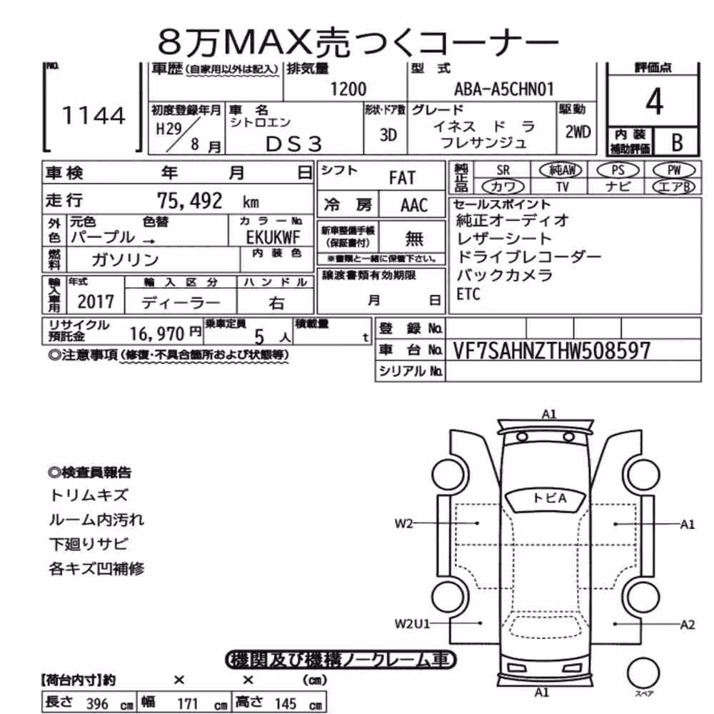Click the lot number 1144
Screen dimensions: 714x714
(94, 115)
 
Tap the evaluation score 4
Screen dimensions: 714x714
(654, 101)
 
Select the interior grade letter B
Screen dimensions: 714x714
(677, 143)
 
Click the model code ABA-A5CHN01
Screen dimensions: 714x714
(504, 89)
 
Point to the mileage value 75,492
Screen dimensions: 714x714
(189, 201)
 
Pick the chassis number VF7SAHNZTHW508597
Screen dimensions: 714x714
(551, 351)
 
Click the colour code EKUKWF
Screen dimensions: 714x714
(273, 237)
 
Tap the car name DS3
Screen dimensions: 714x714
(293, 144)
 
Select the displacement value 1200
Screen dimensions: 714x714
(348, 89)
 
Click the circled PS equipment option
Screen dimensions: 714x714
(618, 171)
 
